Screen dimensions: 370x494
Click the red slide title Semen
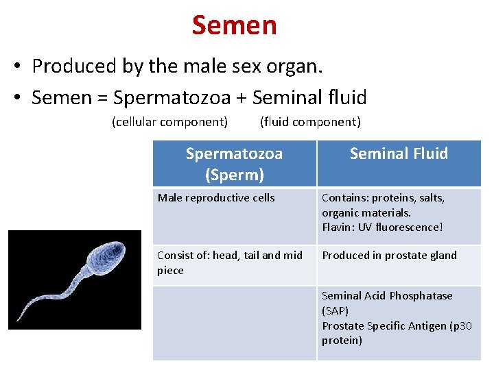coord(234,25)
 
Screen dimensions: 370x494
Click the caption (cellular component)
coord(169,122)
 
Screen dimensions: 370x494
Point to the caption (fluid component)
coord(309,122)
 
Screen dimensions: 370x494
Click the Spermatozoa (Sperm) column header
coord(234,164)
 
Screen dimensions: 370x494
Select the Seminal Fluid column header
coord(399,153)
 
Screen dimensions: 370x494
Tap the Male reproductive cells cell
coord(216,198)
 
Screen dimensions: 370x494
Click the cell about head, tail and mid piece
coord(229,262)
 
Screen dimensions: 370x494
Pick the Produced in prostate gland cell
coord(389,255)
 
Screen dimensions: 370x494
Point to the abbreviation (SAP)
coord(336,310)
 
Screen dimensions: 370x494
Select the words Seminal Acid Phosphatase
coord(387,295)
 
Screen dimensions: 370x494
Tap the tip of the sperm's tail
coord(19,321)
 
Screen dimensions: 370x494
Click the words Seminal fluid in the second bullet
coord(309,98)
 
